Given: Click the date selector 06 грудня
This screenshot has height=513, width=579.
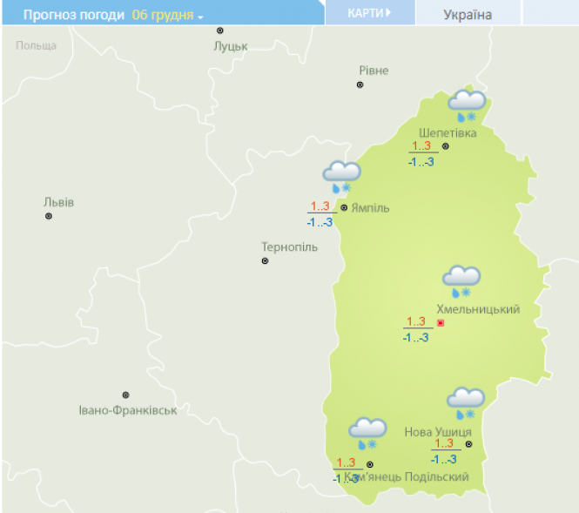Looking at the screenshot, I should click(x=167, y=15).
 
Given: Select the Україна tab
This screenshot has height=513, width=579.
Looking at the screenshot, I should click(x=468, y=15).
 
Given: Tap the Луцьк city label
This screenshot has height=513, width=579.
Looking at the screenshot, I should click(x=231, y=46).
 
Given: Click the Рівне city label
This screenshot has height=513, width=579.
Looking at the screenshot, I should click(x=374, y=71).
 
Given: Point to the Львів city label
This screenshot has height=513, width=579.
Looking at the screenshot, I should click(x=59, y=202).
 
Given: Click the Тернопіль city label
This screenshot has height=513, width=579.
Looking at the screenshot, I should click(x=290, y=246).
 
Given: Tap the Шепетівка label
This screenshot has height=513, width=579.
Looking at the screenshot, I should click(x=448, y=132).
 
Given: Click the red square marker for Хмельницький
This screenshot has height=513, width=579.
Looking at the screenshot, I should click(x=441, y=323).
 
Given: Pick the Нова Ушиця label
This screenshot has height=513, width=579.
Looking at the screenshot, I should click(x=439, y=432).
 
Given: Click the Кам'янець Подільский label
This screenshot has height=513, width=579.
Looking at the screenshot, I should click(x=407, y=477).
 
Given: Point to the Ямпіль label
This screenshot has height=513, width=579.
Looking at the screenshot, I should click(x=370, y=208).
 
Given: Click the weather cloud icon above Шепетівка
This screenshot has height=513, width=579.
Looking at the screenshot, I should click(x=467, y=104).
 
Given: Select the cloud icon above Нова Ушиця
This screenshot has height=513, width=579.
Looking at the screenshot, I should click(x=466, y=402).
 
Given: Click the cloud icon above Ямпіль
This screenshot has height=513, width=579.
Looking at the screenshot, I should click(x=341, y=175).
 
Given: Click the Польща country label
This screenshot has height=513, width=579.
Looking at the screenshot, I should click(x=36, y=45).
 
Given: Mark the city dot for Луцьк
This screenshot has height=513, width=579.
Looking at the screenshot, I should click(x=220, y=30).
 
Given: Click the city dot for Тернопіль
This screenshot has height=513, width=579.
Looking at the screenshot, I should click(x=266, y=260).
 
